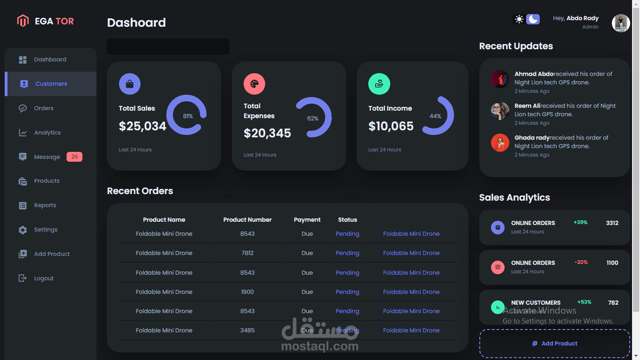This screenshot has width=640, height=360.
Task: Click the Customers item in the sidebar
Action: [51, 84]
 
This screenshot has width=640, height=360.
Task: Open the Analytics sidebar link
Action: [47, 133]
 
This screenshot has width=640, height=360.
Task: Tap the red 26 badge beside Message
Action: [74, 157]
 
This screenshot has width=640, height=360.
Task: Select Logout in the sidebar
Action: [44, 278]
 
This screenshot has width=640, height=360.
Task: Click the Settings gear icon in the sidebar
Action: [23, 230]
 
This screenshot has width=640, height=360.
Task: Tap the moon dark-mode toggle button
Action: [533, 19]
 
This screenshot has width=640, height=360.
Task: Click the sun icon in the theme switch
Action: [519, 19]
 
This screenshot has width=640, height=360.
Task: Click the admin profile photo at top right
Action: [621, 23]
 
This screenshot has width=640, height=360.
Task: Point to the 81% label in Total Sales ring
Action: [188, 116]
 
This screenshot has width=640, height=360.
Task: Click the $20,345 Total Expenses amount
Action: [267, 133]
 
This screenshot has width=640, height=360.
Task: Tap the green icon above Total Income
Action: [379, 84]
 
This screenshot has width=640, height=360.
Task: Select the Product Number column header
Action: [247, 219]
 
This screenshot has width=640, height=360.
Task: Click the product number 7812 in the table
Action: [247, 253]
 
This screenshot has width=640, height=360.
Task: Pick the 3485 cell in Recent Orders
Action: [247, 330]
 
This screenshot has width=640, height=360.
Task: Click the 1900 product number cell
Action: [247, 292]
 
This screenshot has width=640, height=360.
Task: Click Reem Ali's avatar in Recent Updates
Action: [500, 111]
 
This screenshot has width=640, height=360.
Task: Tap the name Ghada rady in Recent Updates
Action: [532, 138]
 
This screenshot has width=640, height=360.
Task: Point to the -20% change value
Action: [581, 262]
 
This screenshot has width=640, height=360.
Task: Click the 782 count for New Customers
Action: [613, 302]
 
